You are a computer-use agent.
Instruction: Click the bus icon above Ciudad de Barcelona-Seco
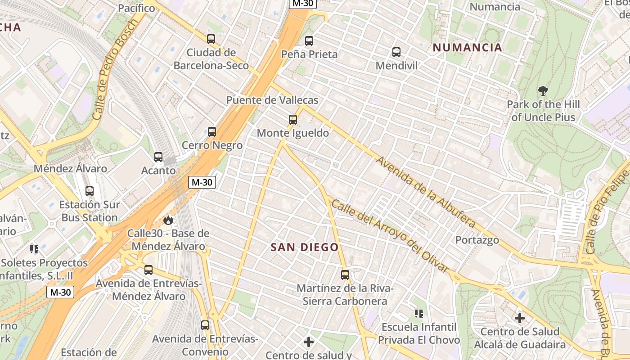(211, 39)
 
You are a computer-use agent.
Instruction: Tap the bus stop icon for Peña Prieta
(309, 41)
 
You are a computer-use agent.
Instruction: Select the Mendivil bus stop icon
(396, 52)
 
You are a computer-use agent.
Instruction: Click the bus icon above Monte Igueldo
(293, 120)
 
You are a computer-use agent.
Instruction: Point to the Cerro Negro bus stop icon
(212, 132)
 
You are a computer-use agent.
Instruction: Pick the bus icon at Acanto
(158, 157)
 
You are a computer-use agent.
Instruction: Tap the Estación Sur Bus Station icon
(90, 191)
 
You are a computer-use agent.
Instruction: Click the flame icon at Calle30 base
(168, 220)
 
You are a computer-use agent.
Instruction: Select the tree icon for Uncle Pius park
(543, 91)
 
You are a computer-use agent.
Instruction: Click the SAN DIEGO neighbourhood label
(305, 247)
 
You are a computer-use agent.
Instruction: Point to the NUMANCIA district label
(467, 48)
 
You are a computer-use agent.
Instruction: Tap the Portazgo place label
(477, 240)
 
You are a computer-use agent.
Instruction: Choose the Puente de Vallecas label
(272, 100)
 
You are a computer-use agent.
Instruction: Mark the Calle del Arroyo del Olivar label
(390, 236)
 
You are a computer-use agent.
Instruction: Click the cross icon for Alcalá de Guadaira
(520, 318)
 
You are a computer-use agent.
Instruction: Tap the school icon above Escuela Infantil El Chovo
(419, 313)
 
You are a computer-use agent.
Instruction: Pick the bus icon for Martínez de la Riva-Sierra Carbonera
(345, 274)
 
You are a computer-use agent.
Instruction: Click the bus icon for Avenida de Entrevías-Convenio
(205, 325)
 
